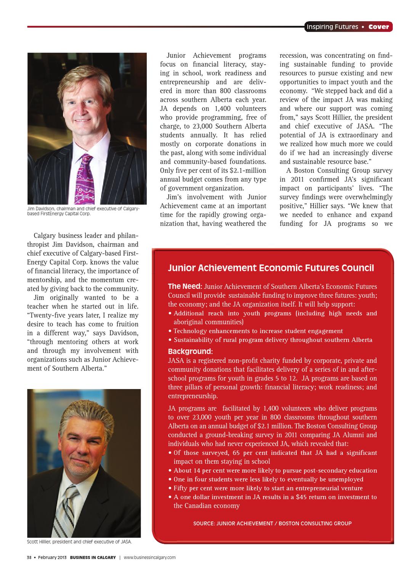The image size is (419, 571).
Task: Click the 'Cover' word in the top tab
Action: point(379,27)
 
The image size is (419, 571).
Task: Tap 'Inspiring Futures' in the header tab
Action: point(332,27)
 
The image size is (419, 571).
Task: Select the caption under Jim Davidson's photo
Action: point(83,211)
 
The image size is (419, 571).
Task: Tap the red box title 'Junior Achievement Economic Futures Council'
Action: point(271,268)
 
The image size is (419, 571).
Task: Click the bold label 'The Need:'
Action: point(185,286)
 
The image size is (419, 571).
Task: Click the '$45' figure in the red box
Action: point(302,497)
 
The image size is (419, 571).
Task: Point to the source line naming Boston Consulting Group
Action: point(272,523)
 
